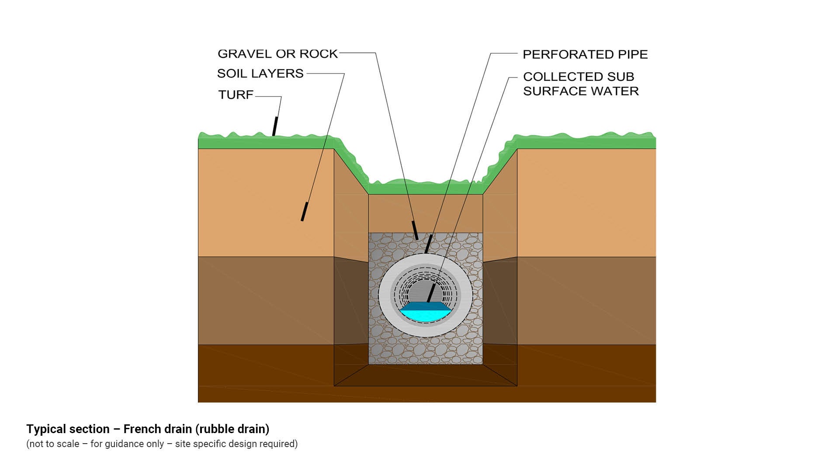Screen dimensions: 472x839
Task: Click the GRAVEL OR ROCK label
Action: coord(277,54)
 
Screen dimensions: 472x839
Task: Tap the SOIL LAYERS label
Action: coord(260,73)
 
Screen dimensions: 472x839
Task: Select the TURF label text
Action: coord(236,95)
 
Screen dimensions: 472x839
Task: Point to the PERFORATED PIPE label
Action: coord(585,55)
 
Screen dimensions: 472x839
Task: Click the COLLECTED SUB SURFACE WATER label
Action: coord(580,84)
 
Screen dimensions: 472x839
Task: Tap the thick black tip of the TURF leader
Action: coord(275,126)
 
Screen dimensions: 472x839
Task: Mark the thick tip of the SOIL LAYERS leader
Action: coord(304,212)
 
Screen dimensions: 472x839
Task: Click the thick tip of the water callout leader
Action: coord(431,293)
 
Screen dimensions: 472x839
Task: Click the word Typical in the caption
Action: coord(46,429)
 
